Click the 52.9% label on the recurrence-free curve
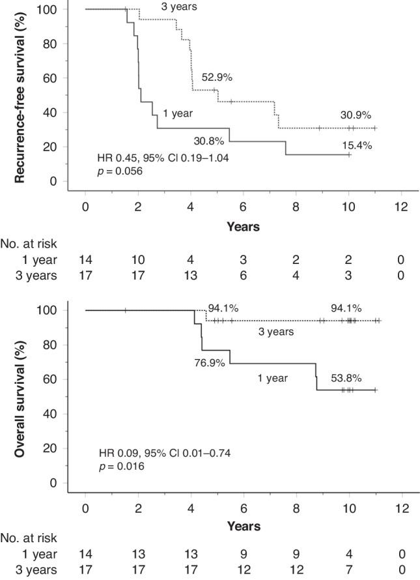[217, 78]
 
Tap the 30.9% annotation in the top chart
[356, 115]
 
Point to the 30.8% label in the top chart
[209, 139]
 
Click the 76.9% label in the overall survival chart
[209, 362]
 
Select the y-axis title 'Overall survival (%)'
[21, 395]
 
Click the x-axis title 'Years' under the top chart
[244, 227]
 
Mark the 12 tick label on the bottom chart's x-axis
[402, 508]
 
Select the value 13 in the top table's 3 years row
[191, 276]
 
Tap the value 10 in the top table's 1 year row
[138, 261]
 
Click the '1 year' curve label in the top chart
[177, 113]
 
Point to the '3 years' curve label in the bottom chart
[275, 332]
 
